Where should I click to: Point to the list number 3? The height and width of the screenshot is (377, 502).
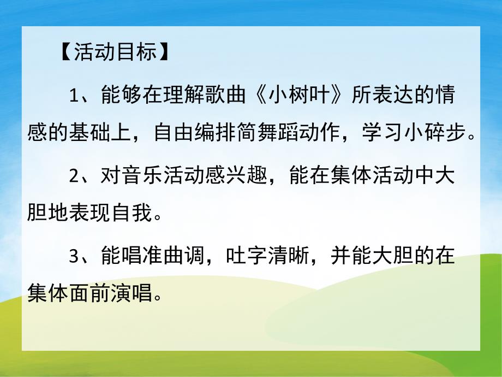(75, 257)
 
